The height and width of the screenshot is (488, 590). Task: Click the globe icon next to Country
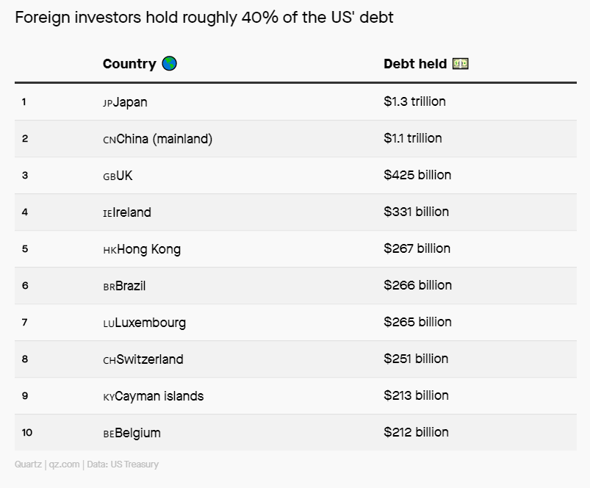170,64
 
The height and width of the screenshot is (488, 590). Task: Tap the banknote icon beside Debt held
461,64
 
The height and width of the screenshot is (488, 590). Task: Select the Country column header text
129,64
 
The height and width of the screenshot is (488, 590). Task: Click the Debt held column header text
415,64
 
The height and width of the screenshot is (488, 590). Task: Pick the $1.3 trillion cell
414,101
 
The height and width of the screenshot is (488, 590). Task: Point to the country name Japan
130,102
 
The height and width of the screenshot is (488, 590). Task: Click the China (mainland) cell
165,139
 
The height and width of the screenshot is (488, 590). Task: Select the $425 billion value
417,175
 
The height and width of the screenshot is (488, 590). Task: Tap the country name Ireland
132,212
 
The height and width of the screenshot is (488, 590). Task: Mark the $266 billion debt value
417,285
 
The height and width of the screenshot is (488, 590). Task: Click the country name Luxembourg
151,323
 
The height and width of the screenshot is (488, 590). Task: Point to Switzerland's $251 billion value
416,359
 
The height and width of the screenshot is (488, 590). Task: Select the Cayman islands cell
159,396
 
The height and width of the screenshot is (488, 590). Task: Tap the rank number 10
27,432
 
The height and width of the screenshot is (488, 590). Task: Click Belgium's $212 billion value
416,432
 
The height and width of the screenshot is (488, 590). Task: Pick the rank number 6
25,285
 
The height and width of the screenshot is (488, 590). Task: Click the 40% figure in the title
256,18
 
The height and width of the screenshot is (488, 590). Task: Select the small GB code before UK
109,177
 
